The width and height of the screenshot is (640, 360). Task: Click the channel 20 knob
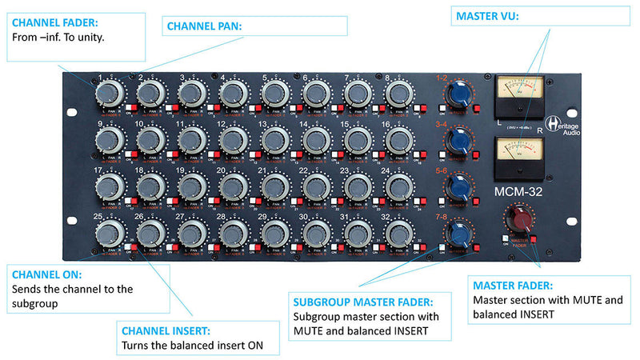pos(232,187)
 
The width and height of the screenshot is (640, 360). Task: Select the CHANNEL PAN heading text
pos(204,26)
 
